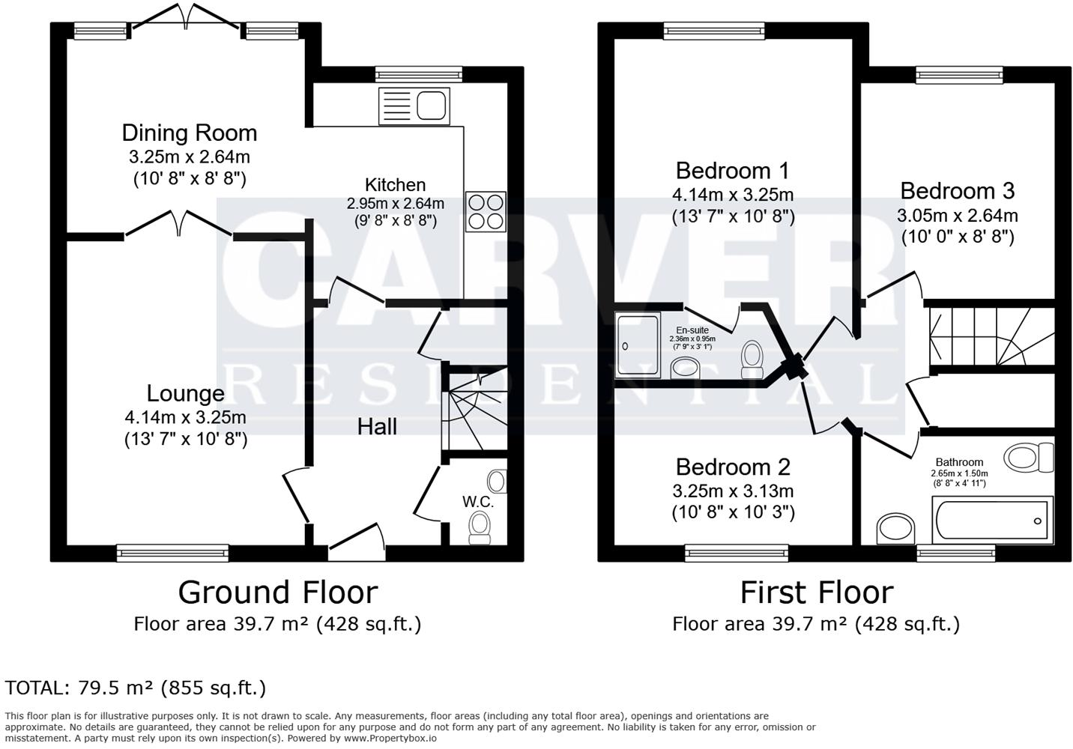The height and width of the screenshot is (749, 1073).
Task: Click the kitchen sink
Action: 414,106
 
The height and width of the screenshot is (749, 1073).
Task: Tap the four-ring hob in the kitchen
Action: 486,211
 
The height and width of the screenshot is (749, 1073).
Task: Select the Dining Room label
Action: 190,133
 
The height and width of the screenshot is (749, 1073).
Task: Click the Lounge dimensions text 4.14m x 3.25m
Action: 186,417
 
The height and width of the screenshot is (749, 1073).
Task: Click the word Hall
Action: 377,426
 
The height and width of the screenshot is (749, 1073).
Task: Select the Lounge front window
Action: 172,553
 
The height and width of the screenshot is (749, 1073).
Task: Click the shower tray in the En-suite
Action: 638,345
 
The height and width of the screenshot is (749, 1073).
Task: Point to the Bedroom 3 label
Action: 957,191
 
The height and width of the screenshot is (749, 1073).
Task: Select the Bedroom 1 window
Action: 714,31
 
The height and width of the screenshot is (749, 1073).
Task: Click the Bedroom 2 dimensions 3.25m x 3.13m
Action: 733,491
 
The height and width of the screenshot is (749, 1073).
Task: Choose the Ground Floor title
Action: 277,592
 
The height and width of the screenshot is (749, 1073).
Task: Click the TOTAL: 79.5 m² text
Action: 136,688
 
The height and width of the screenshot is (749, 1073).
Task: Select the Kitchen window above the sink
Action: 419,74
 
